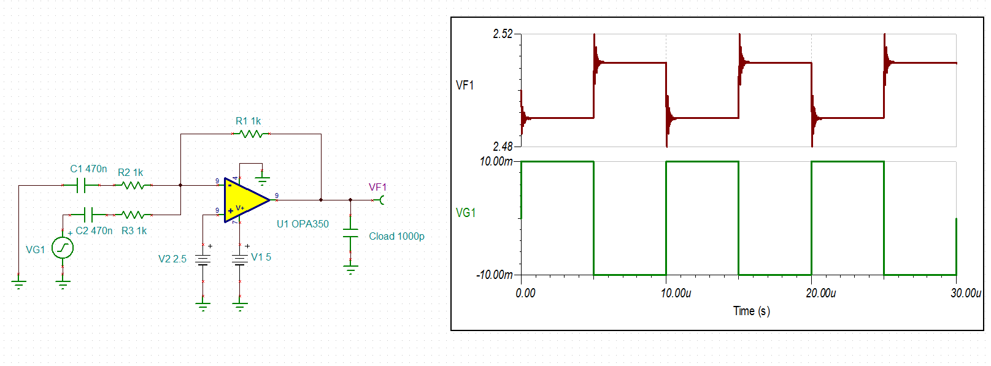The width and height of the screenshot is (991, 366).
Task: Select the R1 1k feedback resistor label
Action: point(248,121)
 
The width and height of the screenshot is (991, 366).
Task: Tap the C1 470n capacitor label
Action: point(88,169)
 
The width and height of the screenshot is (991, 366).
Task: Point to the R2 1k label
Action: point(130,173)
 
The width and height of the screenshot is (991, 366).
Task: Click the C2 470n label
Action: point(94,231)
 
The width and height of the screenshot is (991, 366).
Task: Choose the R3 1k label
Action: point(134,231)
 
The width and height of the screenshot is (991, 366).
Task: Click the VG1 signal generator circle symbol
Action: point(63,248)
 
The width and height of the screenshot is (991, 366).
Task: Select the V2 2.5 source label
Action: point(172,259)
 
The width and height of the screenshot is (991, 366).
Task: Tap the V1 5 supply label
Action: point(261,257)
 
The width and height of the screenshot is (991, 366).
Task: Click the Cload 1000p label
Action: point(396,237)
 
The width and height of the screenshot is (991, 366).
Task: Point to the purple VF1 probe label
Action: point(377,188)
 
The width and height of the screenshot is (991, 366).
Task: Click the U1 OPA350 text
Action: point(303,224)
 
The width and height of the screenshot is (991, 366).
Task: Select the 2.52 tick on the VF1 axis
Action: point(503,34)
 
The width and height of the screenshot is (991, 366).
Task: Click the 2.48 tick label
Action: point(503,147)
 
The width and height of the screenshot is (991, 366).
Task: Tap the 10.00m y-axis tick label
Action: point(496,161)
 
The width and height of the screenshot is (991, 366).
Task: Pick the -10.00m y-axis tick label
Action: point(495,275)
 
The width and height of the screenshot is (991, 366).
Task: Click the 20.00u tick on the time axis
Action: point(820,294)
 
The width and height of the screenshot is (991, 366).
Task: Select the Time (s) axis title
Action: point(751,311)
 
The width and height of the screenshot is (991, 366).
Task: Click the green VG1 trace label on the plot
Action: point(466,213)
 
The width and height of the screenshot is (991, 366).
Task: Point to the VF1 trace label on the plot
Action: point(465,85)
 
